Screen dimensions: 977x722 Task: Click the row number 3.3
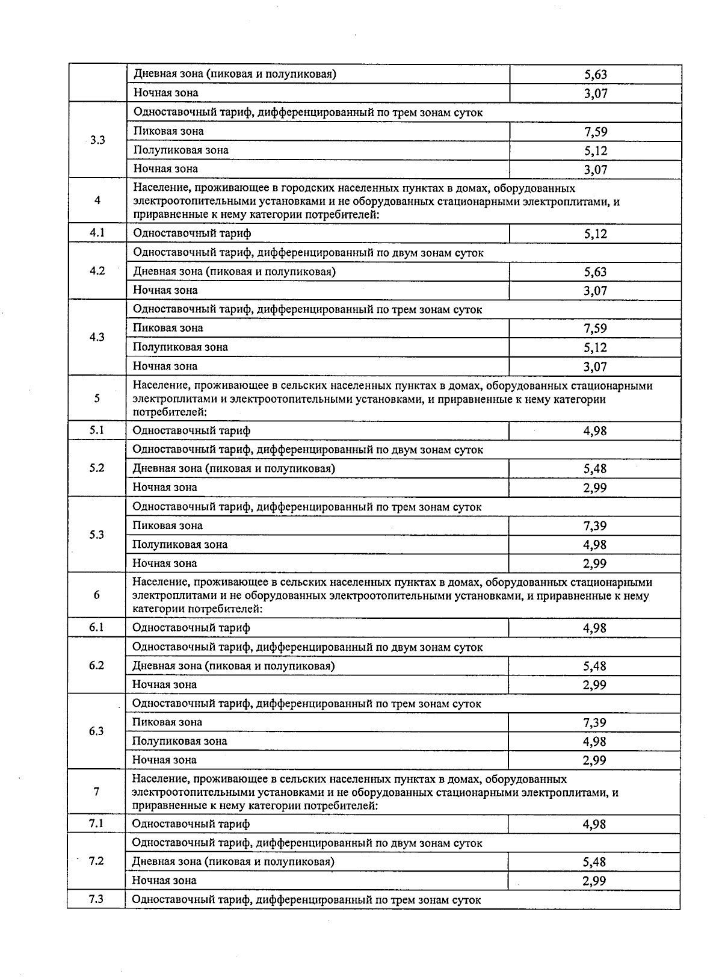tap(97, 140)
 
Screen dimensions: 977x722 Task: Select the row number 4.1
tap(97, 232)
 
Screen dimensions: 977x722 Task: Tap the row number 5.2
tap(97, 468)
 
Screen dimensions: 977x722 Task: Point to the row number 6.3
tap(96, 731)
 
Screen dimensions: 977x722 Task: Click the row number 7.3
tap(96, 899)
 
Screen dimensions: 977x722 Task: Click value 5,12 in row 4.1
tap(595, 234)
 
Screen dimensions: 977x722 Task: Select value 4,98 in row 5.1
tap(594, 430)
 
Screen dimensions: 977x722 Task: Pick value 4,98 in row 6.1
tap(594, 628)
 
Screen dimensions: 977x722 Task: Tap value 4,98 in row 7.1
tap(594, 824)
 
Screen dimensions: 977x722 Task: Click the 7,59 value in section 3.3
tap(595, 132)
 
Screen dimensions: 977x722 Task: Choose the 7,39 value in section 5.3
tap(594, 526)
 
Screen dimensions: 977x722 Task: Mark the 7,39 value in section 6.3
tap(594, 722)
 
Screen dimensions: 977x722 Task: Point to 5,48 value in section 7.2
tap(594, 862)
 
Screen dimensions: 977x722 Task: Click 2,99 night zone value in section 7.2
tap(594, 881)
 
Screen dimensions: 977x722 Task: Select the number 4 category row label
tap(97, 200)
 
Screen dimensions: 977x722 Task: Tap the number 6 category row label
tap(96, 595)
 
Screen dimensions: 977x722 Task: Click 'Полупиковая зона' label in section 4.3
tap(180, 347)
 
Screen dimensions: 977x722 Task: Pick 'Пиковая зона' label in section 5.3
tap(167, 526)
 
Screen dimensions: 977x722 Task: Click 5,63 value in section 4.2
tap(595, 271)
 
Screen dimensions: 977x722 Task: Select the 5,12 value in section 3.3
tap(595, 150)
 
